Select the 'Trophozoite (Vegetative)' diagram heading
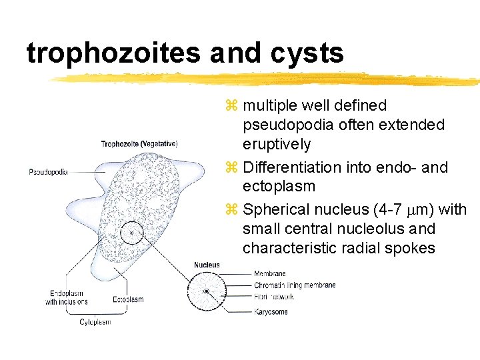(x=139, y=143)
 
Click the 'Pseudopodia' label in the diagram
(x=48, y=172)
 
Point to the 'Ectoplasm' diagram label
(x=128, y=299)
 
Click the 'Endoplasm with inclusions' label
(x=67, y=297)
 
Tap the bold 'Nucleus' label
(x=207, y=265)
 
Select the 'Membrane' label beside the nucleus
(x=269, y=273)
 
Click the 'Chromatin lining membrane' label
(x=294, y=285)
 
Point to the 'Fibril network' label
(x=273, y=297)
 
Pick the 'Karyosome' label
(x=270, y=311)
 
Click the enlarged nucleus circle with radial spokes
(x=207, y=292)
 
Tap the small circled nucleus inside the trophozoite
(x=131, y=233)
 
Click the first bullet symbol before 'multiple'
(x=231, y=105)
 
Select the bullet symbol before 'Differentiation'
(x=231, y=167)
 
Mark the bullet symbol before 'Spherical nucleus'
(x=231, y=210)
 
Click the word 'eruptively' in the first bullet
(x=277, y=145)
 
